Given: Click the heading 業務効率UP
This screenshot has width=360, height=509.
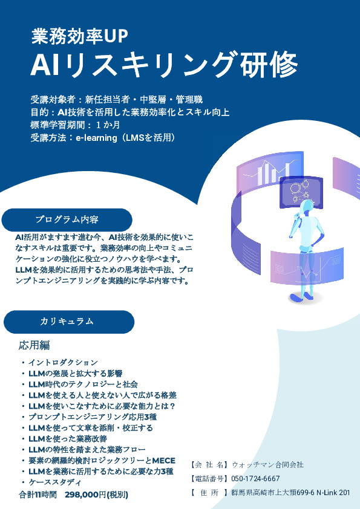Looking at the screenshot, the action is (x=80, y=36).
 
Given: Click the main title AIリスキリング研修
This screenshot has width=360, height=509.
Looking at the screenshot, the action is (x=164, y=64).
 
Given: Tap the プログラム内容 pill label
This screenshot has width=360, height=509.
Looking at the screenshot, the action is (x=67, y=220).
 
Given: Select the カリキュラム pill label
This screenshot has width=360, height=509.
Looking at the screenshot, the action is (x=69, y=322).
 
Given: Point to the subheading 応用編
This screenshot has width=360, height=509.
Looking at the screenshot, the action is (x=34, y=345).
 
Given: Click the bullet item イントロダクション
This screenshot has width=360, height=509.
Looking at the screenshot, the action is (x=63, y=362).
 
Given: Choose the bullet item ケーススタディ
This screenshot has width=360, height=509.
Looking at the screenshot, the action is (x=55, y=482).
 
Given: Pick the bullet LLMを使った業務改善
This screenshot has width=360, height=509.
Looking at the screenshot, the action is (x=68, y=438).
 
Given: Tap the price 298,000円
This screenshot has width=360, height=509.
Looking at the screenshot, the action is (x=85, y=494).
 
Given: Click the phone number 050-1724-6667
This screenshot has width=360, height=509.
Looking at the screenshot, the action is (x=255, y=479).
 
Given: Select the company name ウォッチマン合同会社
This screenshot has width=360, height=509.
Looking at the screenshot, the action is (x=267, y=465).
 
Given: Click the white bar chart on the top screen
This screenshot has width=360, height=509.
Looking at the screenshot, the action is (x=273, y=173).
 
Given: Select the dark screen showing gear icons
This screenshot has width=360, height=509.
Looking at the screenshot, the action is (x=301, y=192).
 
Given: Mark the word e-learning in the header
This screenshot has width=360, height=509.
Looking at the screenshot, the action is (x=96, y=138).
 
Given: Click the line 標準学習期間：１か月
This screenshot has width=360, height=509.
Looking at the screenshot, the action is (x=75, y=125).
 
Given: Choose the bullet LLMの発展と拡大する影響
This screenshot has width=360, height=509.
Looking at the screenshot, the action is (x=76, y=374).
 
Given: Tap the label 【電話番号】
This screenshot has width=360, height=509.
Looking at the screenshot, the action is (x=209, y=479).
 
